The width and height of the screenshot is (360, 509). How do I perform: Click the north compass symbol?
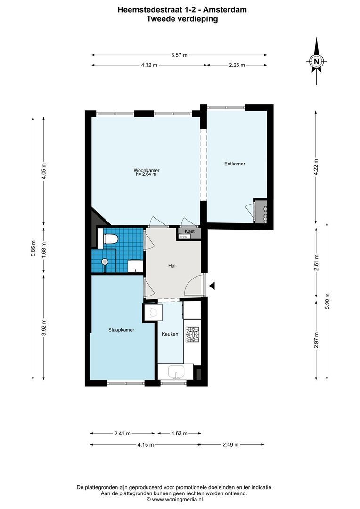click(x=317, y=61)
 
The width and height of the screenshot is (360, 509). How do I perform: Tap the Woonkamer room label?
click(x=146, y=170)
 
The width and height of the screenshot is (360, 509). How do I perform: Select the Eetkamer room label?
click(x=234, y=164)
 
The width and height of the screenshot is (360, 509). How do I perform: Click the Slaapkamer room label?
click(x=121, y=330)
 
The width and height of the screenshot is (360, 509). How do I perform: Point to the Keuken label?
click(x=170, y=334)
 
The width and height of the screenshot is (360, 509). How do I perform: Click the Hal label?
click(x=172, y=266)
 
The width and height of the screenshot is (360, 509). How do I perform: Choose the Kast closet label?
click(x=190, y=231)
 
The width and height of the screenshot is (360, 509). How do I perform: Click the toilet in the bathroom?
click(x=109, y=239)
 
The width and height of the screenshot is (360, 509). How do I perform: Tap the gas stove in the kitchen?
click(x=193, y=334)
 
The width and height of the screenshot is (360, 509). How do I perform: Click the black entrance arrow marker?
click(x=213, y=286)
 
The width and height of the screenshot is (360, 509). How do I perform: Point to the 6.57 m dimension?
click(x=179, y=55)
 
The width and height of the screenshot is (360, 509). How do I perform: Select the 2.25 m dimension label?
click(x=237, y=66)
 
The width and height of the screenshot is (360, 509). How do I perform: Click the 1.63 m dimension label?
click(x=179, y=433)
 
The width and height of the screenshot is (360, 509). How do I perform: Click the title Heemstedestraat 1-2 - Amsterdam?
click(x=182, y=9)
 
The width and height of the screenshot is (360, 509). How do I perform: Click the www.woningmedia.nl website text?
click(x=181, y=499)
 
